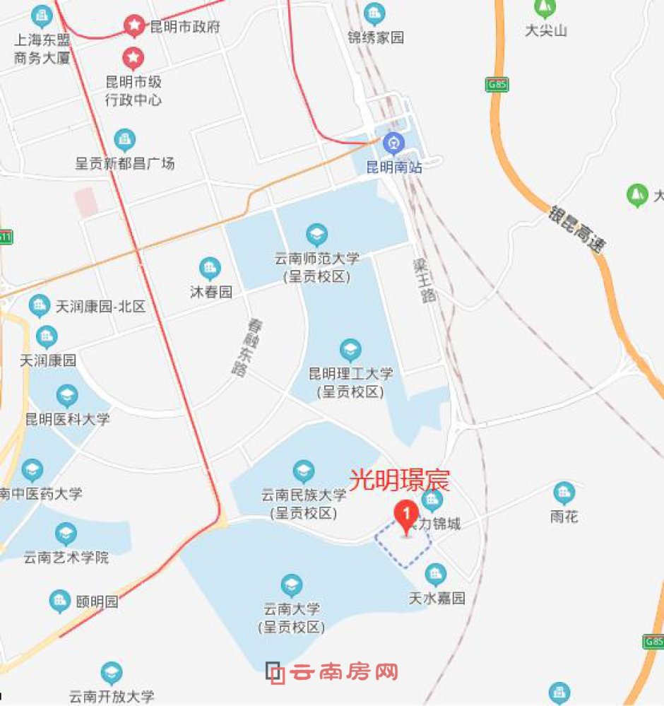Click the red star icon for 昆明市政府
tap(134, 26)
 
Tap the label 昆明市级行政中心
tap(134, 90)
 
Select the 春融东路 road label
tap(242, 347)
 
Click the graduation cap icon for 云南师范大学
tap(316, 234)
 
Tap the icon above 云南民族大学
tap(304, 469)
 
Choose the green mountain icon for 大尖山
tap(545, 8)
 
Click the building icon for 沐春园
tap(210, 268)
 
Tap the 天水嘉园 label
tap(437, 598)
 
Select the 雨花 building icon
tap(564, 492)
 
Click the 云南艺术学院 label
tap(66, 557)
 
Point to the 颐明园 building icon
tap(59, 602)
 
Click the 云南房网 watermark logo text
tap(345, 672)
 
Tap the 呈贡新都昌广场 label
tap(125, 163)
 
